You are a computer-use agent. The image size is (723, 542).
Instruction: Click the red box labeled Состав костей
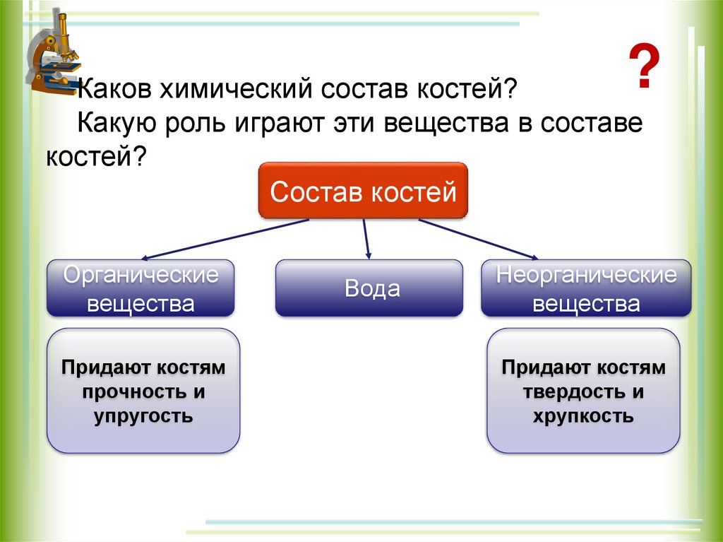pyautogui.click(x=363, y=192)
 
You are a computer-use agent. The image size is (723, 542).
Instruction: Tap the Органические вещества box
pyautogui.click(x=141, y=288)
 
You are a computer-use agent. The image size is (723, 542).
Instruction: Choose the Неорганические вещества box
pyautogui.click(x=586, y=288)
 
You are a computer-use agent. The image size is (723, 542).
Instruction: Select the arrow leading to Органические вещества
pyautogui.click(x=226, y=239)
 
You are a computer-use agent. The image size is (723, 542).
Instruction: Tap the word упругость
pyautogui.click(x=143, y=416)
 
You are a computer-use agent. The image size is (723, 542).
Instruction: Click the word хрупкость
pyautogui.click(x=584, y=416)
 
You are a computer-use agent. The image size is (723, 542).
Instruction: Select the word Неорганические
pyautogui.click(x=586, y=274)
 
